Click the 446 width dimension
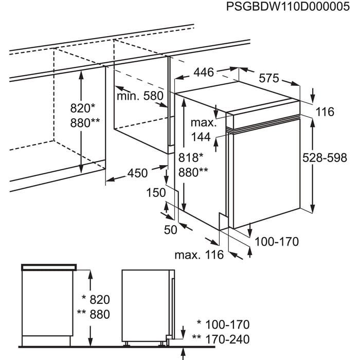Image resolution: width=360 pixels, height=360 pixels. [203, 73]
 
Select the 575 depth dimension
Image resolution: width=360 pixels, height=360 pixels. [268, 78]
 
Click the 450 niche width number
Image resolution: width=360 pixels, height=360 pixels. [138, 173]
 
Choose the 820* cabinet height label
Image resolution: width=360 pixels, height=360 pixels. [83, 109]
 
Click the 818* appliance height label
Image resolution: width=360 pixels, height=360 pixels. [191, 158]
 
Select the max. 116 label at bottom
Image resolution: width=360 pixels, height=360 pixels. [199, 255]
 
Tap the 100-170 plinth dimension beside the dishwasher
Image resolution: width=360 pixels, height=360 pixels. [277, 241]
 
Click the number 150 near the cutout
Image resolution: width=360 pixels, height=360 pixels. [155, 193]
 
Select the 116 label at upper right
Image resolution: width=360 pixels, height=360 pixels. [325, 112]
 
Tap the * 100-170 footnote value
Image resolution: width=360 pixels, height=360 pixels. [223, 325]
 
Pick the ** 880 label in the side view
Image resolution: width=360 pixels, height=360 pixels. [93, 315]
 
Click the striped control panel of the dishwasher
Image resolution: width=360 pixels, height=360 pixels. [265, 123]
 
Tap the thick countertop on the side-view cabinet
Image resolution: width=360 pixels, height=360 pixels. [49, 266]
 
